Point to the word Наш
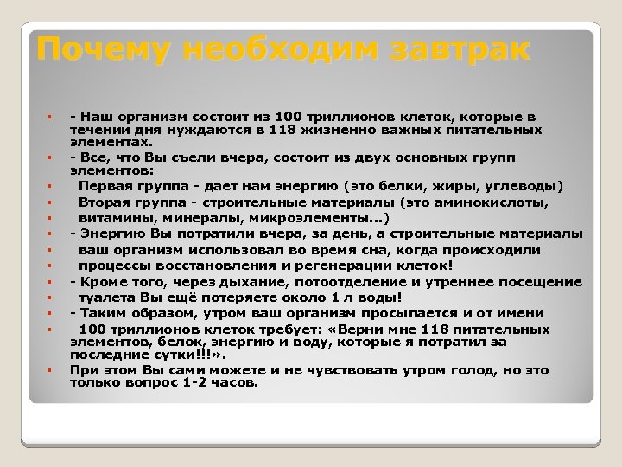point(97,115)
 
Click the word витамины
point(114,217)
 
